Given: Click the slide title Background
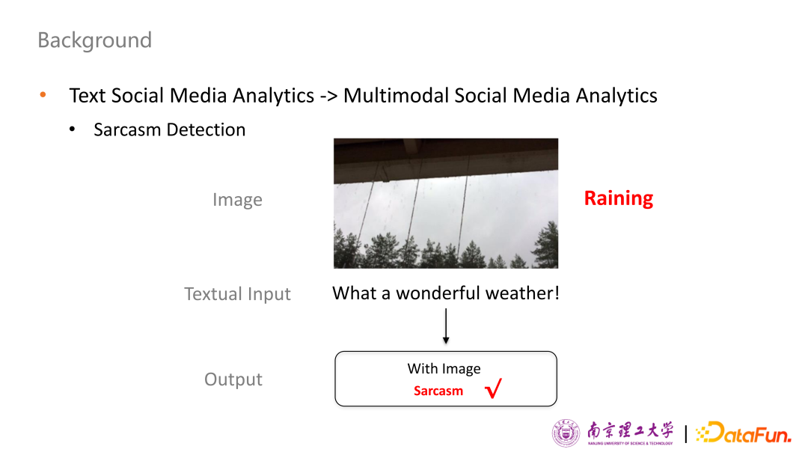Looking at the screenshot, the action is pyautogui.click(x=95, y=40).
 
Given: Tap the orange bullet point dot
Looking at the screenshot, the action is pyautogui.click(x=43, y=94).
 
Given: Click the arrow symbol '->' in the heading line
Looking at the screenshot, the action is pyautogui.click(x=328, y=96).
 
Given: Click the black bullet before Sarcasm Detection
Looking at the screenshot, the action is pyautogui.click(x=72, y=129).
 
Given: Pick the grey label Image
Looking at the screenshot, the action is pyautogui.click(x=238, y=200).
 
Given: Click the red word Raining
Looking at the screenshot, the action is pyautogui.click(x=619, y=198).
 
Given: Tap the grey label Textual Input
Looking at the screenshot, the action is pyautogui.click(x=238, y=293).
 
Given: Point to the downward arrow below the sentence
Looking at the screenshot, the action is pyautogui.click(x=446, y=326).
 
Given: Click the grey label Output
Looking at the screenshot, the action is pyautogui.click(x=233, y=379).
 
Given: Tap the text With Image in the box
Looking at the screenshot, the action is pyautogui.click(x=444, y=368).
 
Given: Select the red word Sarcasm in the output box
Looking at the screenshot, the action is pyautogui.click(x=438, y=391).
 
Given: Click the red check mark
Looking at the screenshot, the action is pyautogui.click(x=493, y=388).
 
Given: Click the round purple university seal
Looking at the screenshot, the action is pyautogui.click(x=566, y=433).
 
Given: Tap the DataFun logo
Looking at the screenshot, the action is pyautogui.click(x=743, y=433).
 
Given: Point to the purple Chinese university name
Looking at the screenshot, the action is pyautogui.click(x=630, y=431).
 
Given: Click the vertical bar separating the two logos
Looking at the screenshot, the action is pyautogui.click(x=685, y=433).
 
